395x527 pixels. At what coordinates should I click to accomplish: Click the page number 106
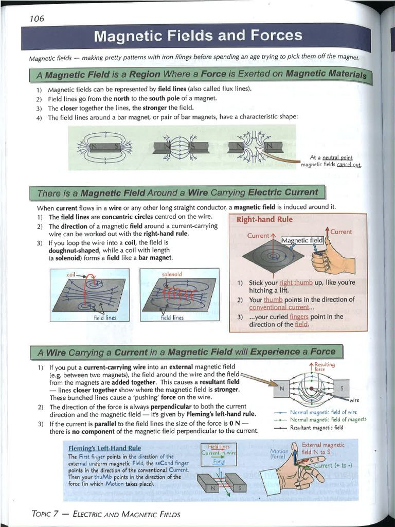coord(37,19)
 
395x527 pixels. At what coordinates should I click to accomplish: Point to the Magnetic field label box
coord(303,240)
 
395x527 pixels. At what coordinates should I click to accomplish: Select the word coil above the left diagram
coord(71,275)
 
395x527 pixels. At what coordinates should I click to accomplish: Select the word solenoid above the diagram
coord(172,273)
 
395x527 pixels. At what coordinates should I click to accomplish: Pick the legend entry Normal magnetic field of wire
coord(323,412)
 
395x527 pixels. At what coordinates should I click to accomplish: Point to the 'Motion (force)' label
coord(279,453)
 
